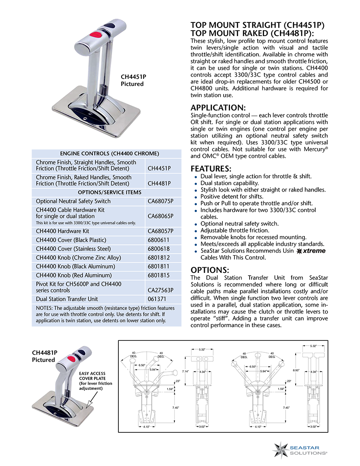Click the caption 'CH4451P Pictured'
click(x=132, y=80)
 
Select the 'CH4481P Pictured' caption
click(x=44, y=356)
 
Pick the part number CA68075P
click(x=161, y=201)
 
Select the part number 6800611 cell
click(x=158, y=240)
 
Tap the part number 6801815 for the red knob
click(x=158, y=275)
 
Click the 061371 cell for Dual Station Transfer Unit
click(x=157, y=299)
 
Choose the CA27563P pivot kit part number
click(x=161, y=290)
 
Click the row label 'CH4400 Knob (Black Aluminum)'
click(x=76, y=266)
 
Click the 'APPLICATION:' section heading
click(x=218, y=108)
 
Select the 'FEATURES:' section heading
click(x=211, y=168)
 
